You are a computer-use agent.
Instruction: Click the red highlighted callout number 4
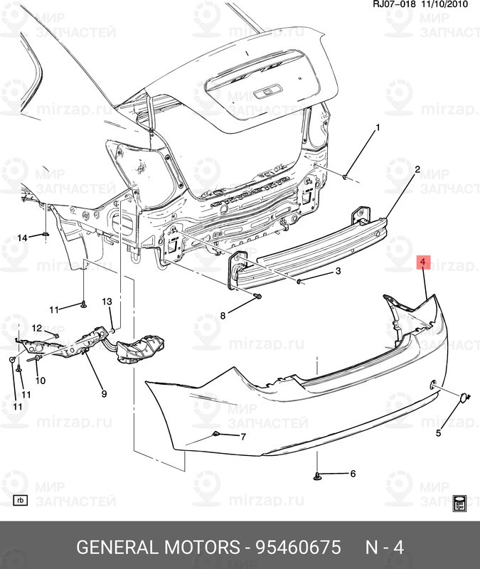(x=423, y=262)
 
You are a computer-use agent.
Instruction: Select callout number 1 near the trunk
(x=378, y=128)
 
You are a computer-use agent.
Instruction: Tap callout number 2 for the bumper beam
(x=417, y=169)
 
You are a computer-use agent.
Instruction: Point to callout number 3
(x=338, y=271)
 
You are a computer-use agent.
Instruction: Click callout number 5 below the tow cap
(x=438, y=432)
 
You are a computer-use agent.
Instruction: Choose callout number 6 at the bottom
(x=351, y=473)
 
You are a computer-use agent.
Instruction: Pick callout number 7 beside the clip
(x=242, y=436)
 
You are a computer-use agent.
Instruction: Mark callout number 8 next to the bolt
(x=223, y=315)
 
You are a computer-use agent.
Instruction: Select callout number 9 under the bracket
(x=104, y=393)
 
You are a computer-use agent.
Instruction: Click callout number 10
(x=41, y=381)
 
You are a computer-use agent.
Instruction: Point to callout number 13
(x=107, y=302)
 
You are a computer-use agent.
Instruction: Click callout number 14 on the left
(x=23, y=238)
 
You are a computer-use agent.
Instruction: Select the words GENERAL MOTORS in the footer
(x=157, y=548)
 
